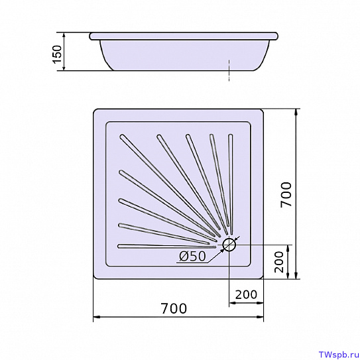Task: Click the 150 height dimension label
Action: (57, 54)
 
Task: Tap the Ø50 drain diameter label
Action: (192, 256)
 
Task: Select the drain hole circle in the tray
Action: (229, 245)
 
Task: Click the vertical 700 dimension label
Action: (286, 194)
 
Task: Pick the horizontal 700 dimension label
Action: (174, 308)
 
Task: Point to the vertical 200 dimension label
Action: (279, 262)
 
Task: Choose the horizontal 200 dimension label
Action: (246, 294)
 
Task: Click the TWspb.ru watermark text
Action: (339, 355)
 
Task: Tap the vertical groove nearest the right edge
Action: (231, 184)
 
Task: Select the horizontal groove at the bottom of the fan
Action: (166, 246)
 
